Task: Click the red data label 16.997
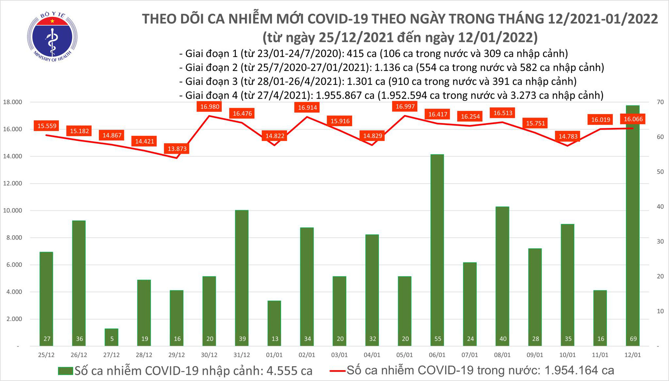[405, 107]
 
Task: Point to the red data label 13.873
[177, 149]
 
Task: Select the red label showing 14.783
[568, 136]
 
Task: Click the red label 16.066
[633, 119]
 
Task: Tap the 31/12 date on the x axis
[242, 355]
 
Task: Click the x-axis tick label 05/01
[404, 355]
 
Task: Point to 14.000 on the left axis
[12, 156]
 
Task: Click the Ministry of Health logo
[52, 37]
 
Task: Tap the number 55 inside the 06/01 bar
[438, 339]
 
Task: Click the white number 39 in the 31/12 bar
[242, 339]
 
